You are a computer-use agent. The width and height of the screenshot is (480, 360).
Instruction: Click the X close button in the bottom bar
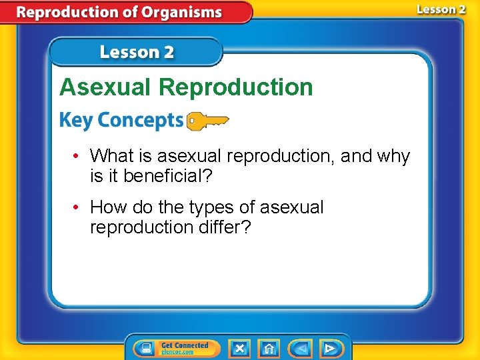239,348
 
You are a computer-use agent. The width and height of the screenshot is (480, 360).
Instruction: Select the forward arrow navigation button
329,348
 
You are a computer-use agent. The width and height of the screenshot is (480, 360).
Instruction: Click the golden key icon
207,121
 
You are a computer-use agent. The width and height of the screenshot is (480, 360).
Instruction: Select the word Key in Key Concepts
74,121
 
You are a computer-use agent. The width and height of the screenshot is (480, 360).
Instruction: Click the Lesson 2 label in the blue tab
137,53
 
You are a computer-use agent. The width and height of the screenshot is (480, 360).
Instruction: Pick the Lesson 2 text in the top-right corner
441,9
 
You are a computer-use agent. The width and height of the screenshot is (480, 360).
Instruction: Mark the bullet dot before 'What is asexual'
77,157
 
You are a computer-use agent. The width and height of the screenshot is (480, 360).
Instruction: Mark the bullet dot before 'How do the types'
77,208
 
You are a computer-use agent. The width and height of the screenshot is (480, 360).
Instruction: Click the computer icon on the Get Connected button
146,348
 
